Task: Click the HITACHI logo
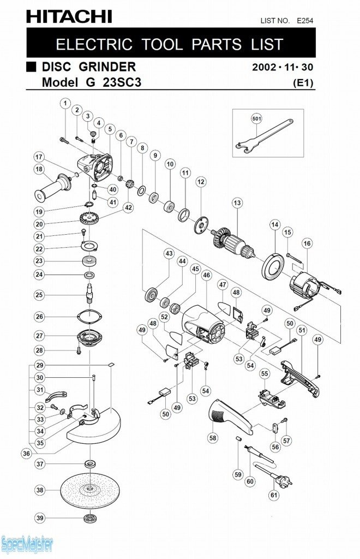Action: click(69, 17)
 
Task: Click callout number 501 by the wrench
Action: click(256, 118)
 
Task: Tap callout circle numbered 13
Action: click(236, 203)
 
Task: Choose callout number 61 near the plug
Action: click(273, 495)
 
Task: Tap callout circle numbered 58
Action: click(213, 438)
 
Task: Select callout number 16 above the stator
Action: click(307, 243)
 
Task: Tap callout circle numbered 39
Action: click(39, 518)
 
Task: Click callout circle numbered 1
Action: click(65, 103)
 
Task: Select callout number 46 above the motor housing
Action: click(206, 276)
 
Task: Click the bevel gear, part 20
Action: click(87, 223)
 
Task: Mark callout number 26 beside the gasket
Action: click(39, 317)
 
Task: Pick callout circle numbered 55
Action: click(264, 373)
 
